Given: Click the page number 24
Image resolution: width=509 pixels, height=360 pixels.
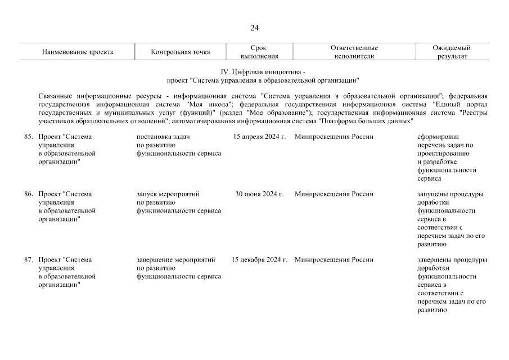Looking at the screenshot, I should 254,28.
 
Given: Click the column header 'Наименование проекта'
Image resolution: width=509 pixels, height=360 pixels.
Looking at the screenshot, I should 78,52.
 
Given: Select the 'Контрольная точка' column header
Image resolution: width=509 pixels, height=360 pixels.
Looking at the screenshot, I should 181,52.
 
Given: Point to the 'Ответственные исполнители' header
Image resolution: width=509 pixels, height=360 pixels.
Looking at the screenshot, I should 354,52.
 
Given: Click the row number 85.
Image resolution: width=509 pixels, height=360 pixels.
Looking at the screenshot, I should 28,137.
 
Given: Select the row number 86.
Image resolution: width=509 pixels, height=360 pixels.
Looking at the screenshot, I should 28,194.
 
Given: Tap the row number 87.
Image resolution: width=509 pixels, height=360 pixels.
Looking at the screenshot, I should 28,260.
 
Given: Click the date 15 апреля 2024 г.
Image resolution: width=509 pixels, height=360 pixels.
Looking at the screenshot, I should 259,137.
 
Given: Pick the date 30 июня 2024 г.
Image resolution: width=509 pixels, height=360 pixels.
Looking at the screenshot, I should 259,194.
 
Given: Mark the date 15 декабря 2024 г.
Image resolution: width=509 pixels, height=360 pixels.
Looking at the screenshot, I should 259,260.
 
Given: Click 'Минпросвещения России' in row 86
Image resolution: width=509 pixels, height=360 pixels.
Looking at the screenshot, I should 334,194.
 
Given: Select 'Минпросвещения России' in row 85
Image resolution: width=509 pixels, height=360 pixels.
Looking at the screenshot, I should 334,137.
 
